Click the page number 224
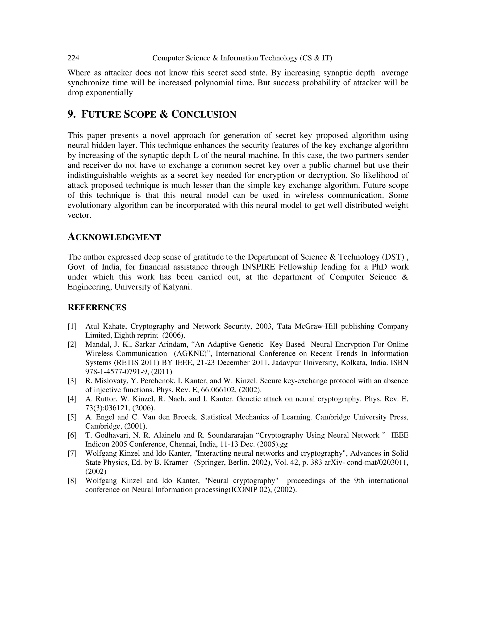73,58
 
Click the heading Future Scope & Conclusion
152,114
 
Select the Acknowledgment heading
114,237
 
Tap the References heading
97,307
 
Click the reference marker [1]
72,326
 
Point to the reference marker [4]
72,399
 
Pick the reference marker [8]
72,480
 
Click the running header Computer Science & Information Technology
225,58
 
